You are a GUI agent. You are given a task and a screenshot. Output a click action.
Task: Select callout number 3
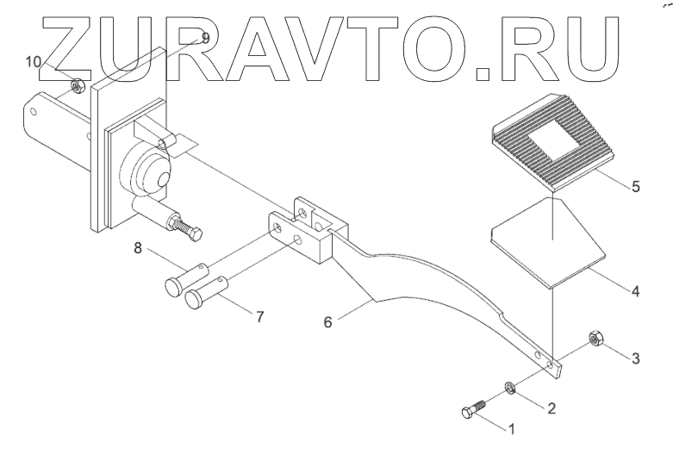point(636,358)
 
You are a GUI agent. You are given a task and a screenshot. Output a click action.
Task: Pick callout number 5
point(635,186)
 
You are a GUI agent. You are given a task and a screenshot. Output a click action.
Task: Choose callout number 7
point(259,317)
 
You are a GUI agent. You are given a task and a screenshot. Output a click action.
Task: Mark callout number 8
point(137,250)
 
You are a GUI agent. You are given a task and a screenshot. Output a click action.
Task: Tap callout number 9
point(204,38)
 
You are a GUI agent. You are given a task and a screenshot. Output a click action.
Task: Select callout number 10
point(33,62)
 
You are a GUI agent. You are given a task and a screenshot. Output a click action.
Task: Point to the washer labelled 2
point(508,389)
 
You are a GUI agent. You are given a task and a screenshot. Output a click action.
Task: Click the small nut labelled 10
point(76,84)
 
